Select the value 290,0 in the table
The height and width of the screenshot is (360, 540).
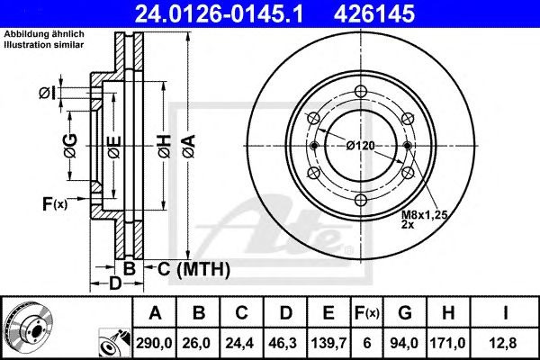click(x=154, y=341)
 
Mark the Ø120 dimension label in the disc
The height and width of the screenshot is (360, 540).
click(x=360, y=146)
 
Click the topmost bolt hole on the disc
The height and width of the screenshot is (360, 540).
click(x=360, y=91)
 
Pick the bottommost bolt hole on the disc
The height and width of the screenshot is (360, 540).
click(x=360, y=201)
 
